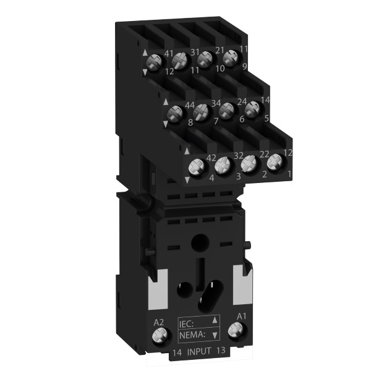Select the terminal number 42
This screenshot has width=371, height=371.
tap(211, 158)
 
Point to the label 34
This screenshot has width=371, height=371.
tap(216, 102)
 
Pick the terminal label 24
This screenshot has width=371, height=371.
tap(242, 101)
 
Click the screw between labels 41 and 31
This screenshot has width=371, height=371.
tap(180, 60)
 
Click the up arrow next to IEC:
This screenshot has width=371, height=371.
tap(215, 320)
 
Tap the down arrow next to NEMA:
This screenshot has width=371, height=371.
tap(215, 335)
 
